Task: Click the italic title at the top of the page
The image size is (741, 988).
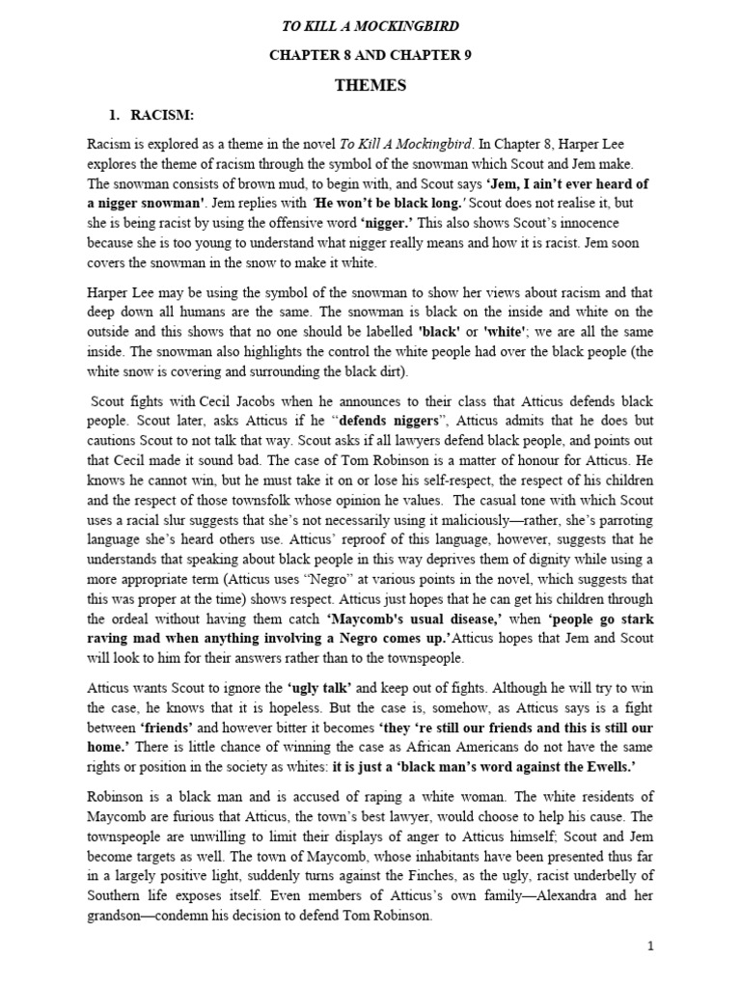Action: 370,26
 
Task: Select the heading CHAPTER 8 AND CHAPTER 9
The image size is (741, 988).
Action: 370,56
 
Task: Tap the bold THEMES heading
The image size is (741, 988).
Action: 370,86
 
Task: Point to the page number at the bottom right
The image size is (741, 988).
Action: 651,947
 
